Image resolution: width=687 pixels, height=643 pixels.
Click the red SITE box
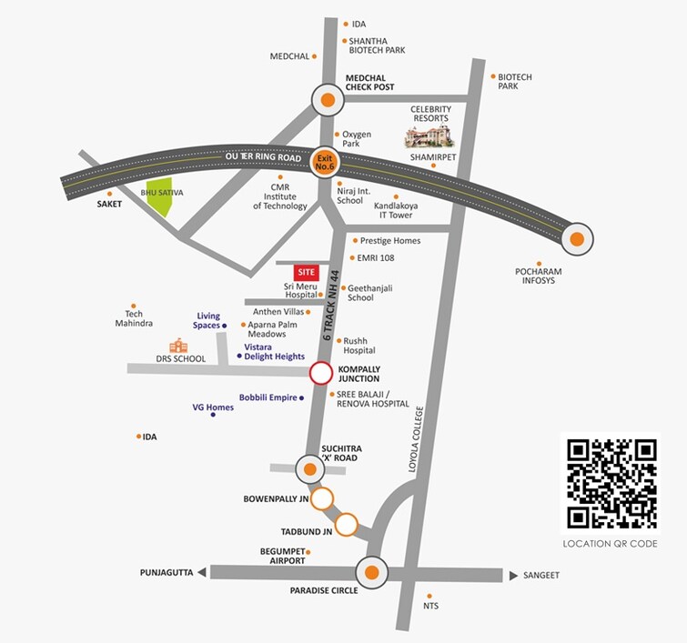click(x=306, y=271)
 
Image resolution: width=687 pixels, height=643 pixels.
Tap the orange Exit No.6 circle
click(x=325, y=162)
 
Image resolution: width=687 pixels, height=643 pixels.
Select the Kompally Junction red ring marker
click(x=321, y=372)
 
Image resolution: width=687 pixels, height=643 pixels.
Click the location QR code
click(x=611, y=484)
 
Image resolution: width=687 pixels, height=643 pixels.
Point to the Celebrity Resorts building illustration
click(x=429, y=136)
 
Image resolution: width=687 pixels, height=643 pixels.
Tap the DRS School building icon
click(x=178, y=346)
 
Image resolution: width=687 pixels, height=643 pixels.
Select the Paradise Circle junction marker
click(x=372, y=573)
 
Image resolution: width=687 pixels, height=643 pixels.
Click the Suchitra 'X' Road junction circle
click(x=310, y=469)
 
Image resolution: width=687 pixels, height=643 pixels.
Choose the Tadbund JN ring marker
click(x=347, y=524)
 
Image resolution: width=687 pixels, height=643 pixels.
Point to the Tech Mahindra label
click(x=133, y=318)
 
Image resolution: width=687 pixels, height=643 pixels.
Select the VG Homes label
click(x=213, y=407)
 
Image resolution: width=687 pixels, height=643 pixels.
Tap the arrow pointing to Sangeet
click(x=513, y=575)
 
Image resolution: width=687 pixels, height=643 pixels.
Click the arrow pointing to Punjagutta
click(x=201, y=572)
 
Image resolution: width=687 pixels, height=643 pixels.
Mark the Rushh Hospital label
click(x=359, y=346)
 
